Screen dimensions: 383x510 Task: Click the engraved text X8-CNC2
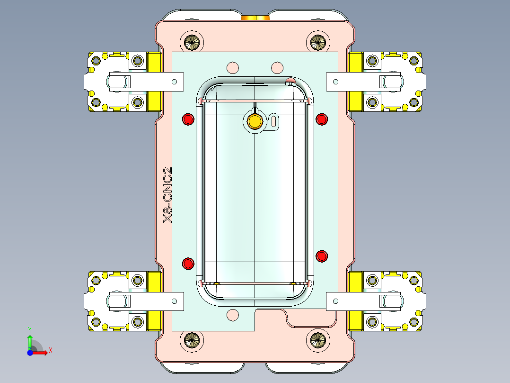tap(167, 195)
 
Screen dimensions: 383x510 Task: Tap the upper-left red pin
tap(188, 119)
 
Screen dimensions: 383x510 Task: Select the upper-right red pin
tap(322, 119)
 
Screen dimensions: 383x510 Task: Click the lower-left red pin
tap(188, 264)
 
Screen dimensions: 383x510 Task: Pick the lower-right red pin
tap(322, 256)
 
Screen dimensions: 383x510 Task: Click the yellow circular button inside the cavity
tap(255, 121)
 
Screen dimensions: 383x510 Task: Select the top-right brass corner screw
tap(317, 42)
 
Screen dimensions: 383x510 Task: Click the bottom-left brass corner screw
tap(193, 339)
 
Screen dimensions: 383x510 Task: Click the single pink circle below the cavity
tap(232, 314)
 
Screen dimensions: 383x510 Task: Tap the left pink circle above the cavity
tap(232, 67)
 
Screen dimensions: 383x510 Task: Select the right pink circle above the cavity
tap(277, 67)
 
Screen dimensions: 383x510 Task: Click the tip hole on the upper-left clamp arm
tap(175, 81)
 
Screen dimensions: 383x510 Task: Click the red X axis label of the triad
tap(51, 351)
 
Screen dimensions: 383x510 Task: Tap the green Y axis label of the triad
tap(29, 329)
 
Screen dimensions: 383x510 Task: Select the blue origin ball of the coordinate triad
tap(30, 353)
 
